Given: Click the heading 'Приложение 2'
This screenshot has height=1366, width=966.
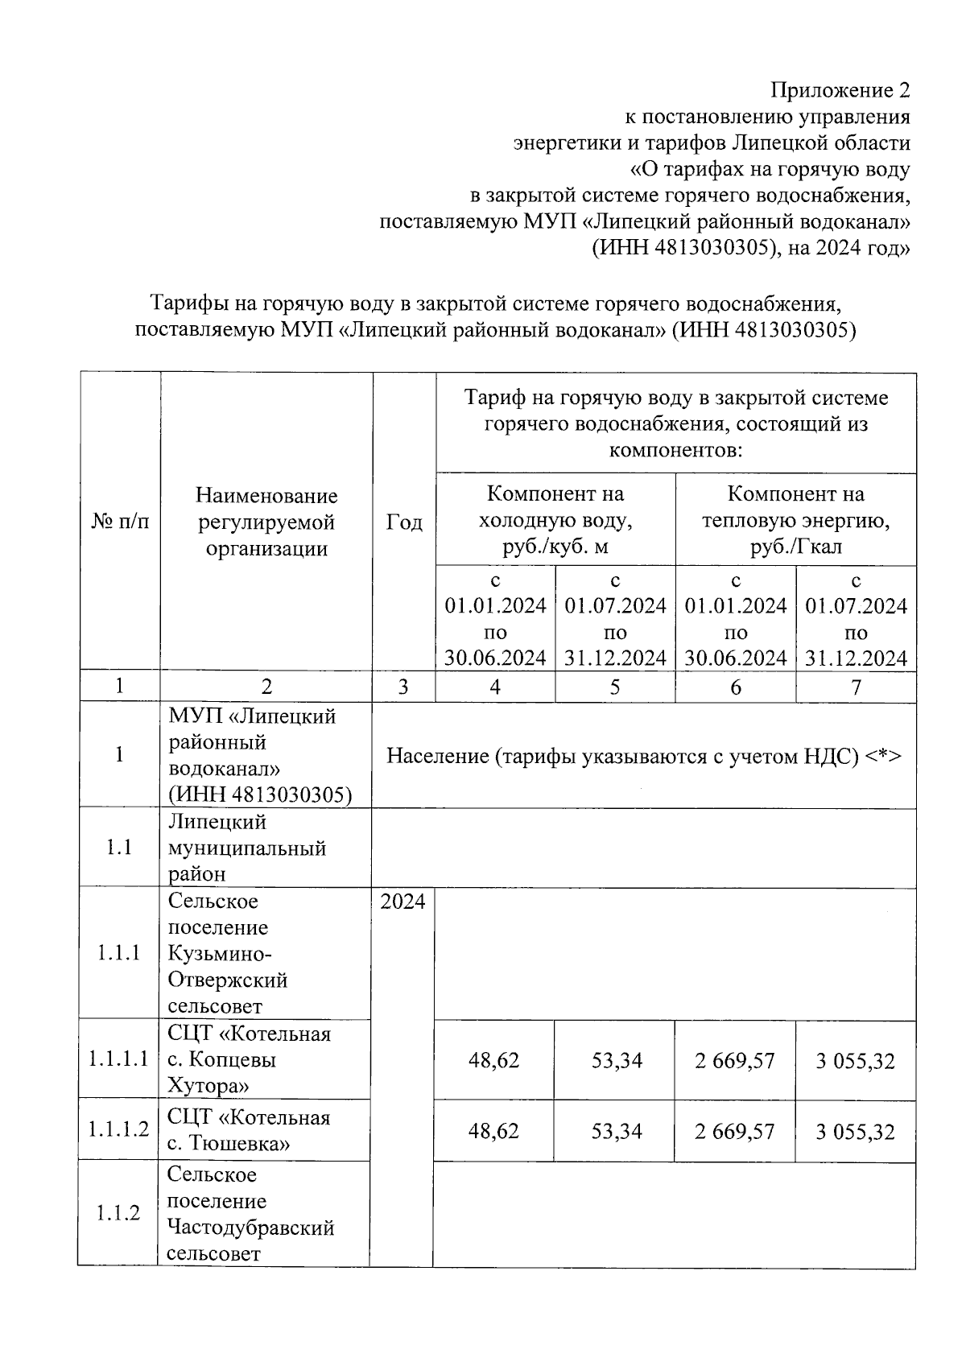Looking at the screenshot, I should click(840, 90).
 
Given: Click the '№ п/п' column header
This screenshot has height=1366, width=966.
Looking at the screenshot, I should click(120, 522).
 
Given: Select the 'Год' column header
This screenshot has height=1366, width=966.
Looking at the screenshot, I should click(403, 522).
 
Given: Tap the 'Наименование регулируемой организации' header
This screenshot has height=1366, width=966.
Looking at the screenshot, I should click(266, 522).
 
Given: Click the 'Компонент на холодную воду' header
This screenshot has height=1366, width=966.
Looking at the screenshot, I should click(555, 520).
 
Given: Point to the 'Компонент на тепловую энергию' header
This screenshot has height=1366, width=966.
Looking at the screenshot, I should click(795, 520).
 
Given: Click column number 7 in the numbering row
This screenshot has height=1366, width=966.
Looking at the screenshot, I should click(856, 687).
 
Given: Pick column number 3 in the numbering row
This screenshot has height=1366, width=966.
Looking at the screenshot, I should click(403, 687).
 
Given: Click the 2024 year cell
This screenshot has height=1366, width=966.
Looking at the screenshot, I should click(402, 902).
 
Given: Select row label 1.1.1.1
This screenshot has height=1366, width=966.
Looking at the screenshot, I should click(119, 1059).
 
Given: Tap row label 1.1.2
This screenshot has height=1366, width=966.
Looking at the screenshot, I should click(118, 1213).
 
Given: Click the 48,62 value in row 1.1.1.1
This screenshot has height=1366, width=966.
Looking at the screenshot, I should click(493, 1060).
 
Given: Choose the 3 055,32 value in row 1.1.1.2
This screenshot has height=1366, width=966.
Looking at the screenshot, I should click(855, 1132).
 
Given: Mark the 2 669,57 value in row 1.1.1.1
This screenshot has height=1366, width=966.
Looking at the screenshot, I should click(735, 1060).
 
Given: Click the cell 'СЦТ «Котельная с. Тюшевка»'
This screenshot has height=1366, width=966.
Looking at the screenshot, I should click(249, 1130).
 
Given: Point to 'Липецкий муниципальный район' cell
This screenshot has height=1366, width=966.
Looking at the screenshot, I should click(246, 848).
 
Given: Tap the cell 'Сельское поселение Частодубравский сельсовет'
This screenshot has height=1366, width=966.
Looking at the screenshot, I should click(250, 1214).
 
